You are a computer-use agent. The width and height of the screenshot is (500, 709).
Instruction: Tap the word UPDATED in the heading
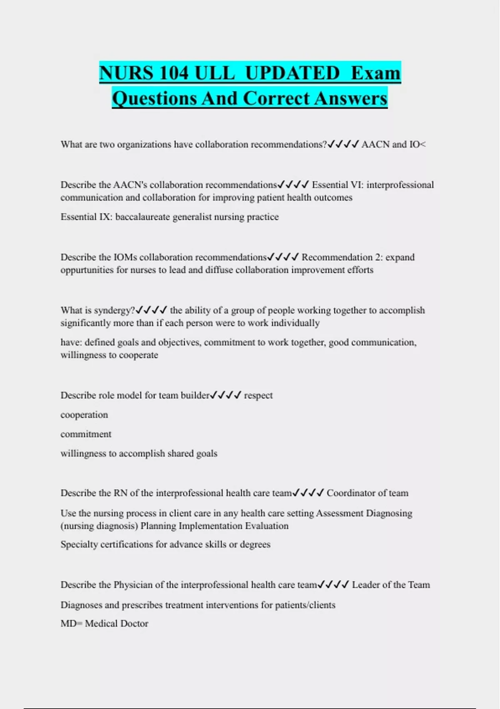[x=292, y=73]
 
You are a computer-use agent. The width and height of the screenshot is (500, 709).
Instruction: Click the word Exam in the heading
[x=375, y=73]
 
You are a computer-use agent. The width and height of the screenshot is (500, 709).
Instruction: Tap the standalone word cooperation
[x=84, y=415]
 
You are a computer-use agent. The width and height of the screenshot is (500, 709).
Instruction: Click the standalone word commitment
[x=86, y=434]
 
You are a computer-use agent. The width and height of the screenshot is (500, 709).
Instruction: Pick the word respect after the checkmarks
[x=258, y=395]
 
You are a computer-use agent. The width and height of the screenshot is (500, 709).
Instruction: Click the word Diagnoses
[x=81, y=605]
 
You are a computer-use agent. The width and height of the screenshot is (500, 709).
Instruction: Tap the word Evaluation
[x=267, y=525]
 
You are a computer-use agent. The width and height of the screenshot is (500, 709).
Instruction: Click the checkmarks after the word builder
[x=225, y=395]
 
